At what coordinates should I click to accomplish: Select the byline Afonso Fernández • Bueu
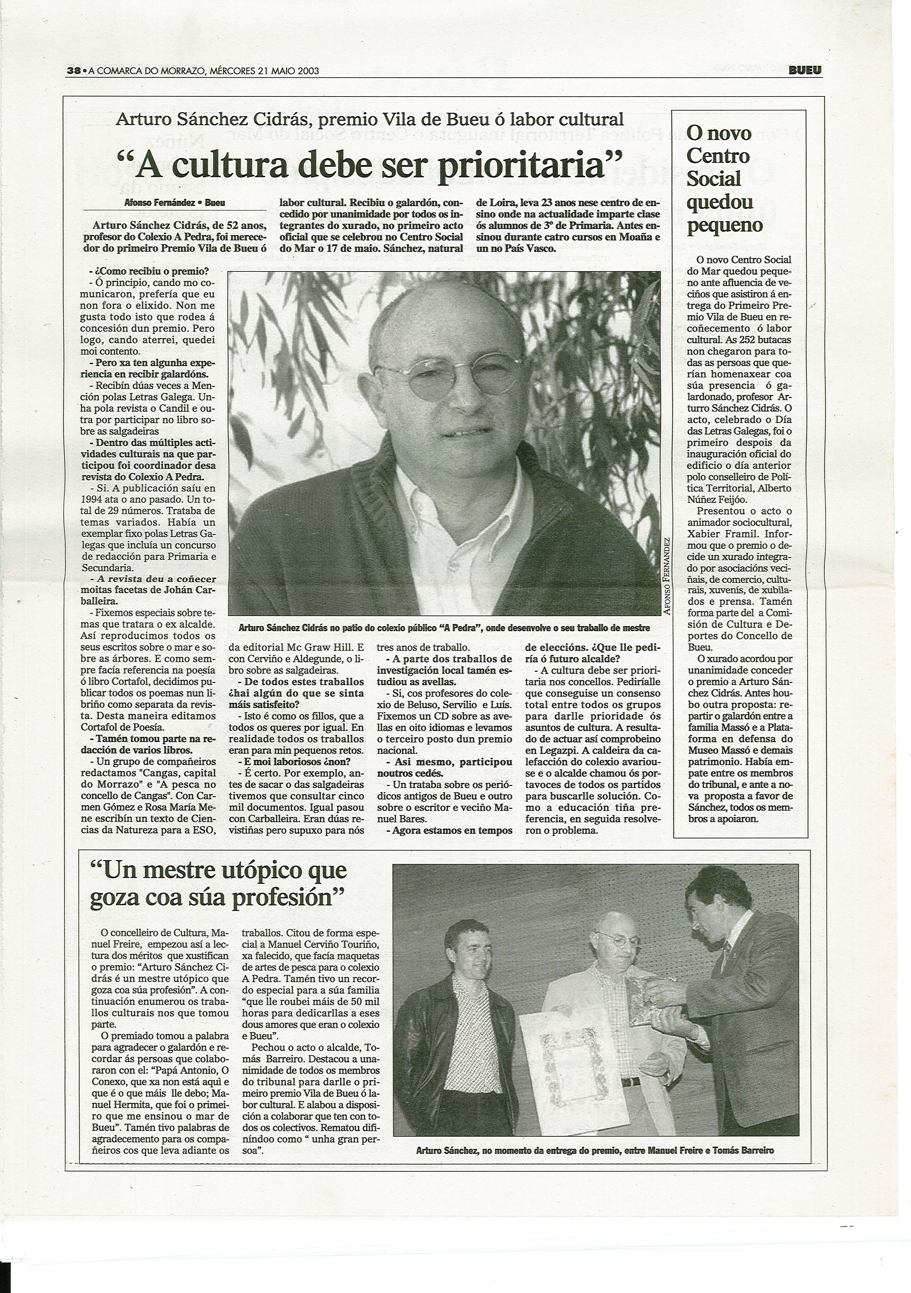tap(175, 203)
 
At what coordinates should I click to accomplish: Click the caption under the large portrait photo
tap(444, 627)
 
